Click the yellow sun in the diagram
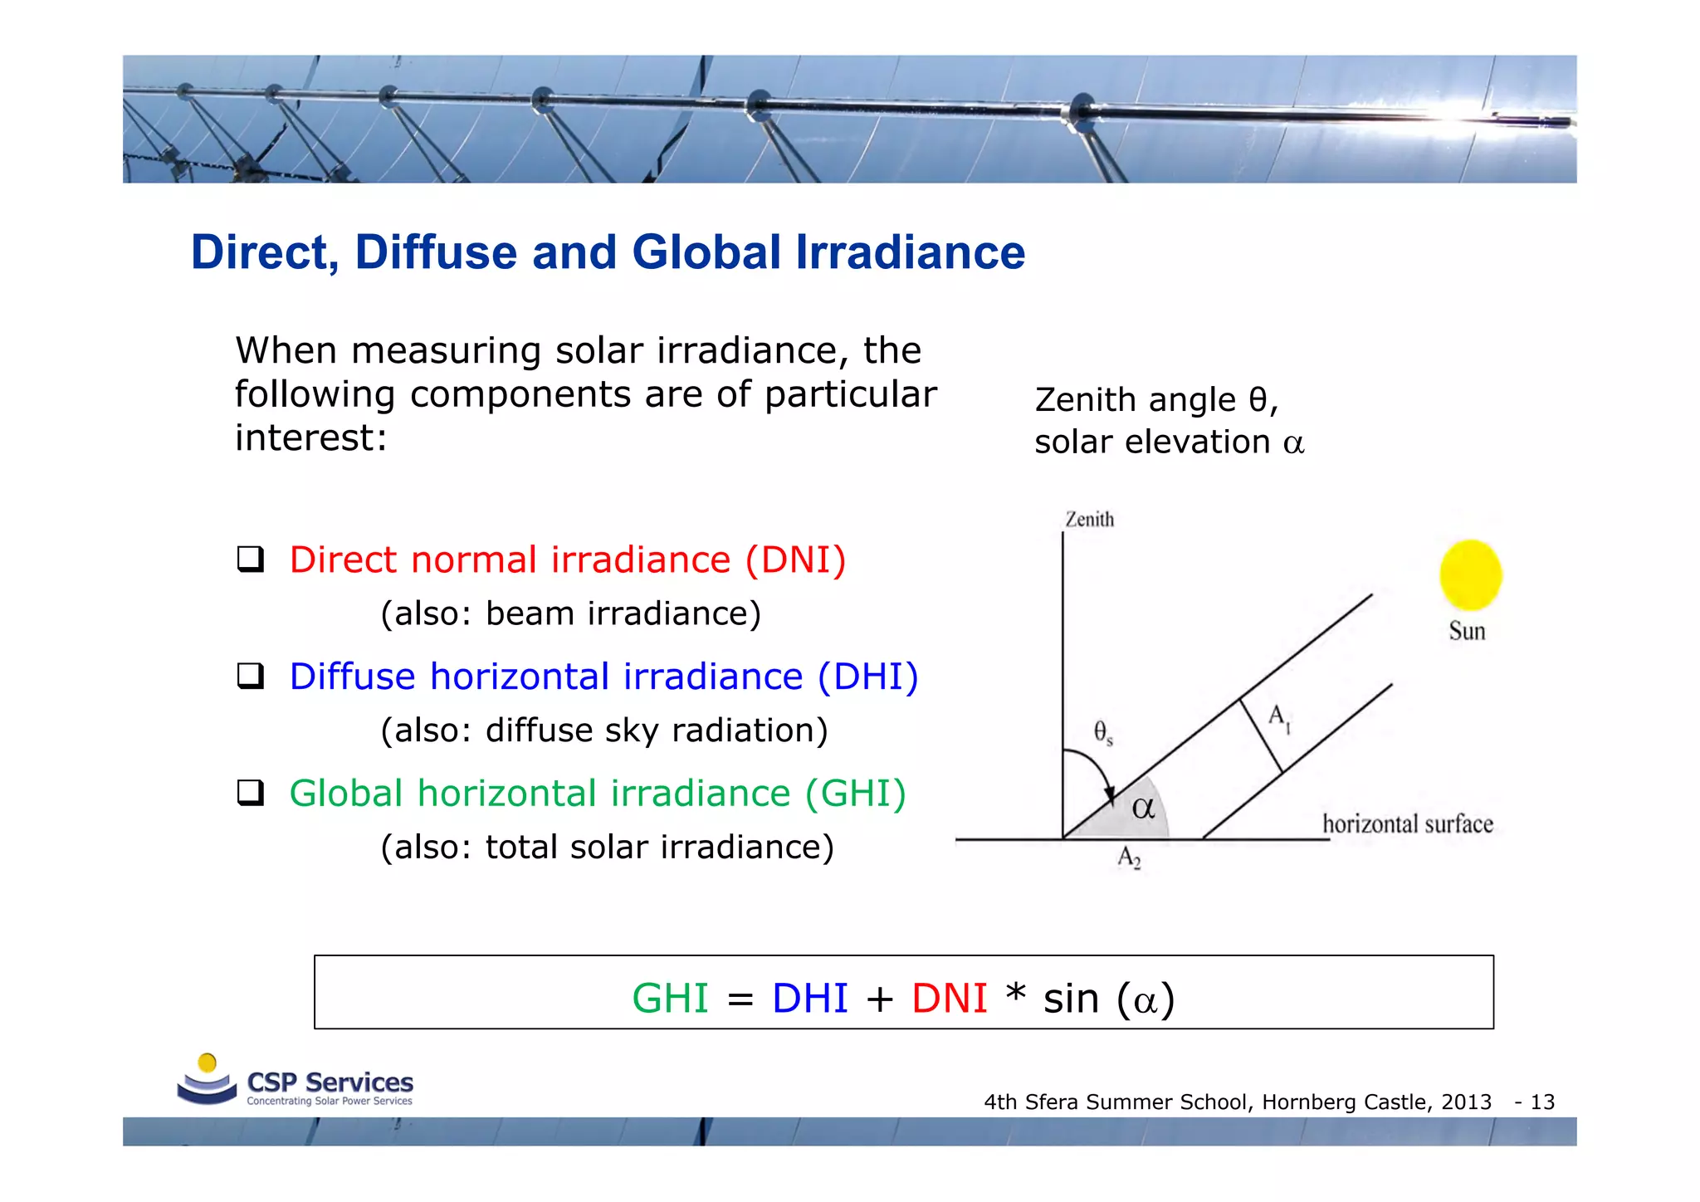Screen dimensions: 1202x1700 (1470, 574)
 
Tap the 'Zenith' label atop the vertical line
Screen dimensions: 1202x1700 (1089, 520)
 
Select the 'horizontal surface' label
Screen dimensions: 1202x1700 (1407, 824)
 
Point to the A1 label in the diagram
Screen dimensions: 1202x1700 (1278, 717)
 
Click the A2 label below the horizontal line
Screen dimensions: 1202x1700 (1129, 858)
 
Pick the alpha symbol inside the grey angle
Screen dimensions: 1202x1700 (1143, 808)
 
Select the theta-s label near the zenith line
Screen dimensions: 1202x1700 (1102, 732)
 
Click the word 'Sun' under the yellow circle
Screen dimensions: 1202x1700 (1467, 631)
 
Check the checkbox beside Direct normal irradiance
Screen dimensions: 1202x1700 (250, 559)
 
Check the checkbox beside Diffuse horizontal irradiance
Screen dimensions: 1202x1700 (250, 677)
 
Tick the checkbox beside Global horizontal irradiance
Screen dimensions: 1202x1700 (250, 793)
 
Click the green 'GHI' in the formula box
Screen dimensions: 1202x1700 (670, 998)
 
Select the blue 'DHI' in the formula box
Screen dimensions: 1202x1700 (809, 998)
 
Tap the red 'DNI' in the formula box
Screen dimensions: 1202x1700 (949, 998)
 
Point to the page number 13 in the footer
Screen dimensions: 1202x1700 (1542, 1102)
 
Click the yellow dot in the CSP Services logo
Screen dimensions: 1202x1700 (208, 1063)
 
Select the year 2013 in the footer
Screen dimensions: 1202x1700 (1466, 1102)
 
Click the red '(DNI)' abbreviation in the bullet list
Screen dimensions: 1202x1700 (795, 560)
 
